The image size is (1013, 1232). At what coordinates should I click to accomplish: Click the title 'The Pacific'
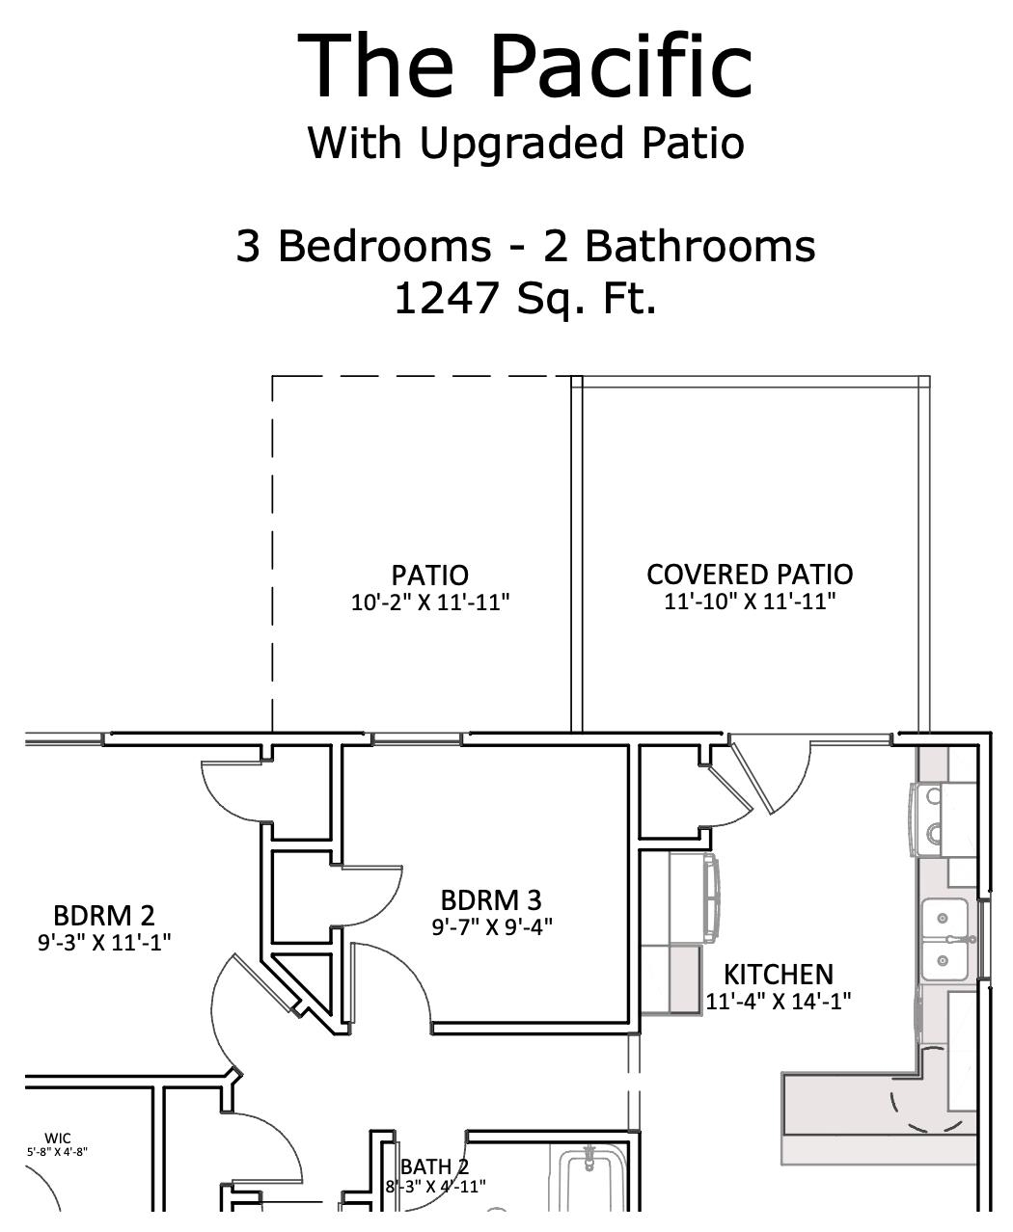tap(525, 66)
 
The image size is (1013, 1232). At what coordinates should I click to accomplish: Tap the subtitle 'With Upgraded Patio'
tap(525, 144)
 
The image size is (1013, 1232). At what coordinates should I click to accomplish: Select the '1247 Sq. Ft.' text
tap(525, 298)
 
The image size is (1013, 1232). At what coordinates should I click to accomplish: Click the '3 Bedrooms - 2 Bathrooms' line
tap(525, 246)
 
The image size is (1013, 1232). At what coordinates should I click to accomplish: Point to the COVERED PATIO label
tap(750, 575)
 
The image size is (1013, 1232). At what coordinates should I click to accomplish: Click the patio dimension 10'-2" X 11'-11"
tap(430, 603)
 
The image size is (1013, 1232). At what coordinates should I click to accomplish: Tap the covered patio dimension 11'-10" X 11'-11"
tap(750, 602)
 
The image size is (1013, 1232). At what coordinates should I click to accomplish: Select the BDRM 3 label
tap(491, 900)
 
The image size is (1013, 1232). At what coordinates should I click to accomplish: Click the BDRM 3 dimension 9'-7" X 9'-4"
tap(491, 927)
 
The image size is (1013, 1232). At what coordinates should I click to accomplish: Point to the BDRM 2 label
tap(103, 915)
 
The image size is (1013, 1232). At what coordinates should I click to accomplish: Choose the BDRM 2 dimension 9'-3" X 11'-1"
tap(104, 942)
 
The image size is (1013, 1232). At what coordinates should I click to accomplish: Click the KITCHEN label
tap(779, 975)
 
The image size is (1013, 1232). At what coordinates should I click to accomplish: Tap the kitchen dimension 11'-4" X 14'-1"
tap(779, 1002)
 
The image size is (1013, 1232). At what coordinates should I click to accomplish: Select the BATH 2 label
tap(434, 1167)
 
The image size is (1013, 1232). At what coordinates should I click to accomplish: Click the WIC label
tap(58, 1138)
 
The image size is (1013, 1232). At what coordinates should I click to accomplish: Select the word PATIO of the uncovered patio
tap(430, 576)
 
